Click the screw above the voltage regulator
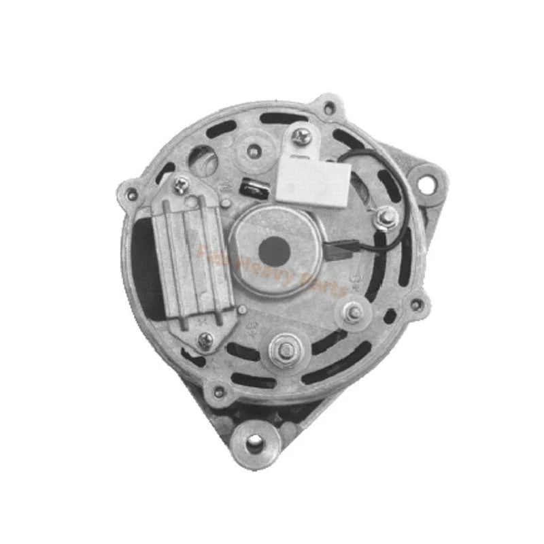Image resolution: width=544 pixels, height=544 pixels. tap(182, 184)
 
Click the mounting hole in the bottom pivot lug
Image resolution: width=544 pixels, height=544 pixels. tap(254, 445)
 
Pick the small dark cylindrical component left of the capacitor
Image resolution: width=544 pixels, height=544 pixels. tap(253, 186)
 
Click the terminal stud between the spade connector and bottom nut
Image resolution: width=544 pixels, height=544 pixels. tap(353, 313)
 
